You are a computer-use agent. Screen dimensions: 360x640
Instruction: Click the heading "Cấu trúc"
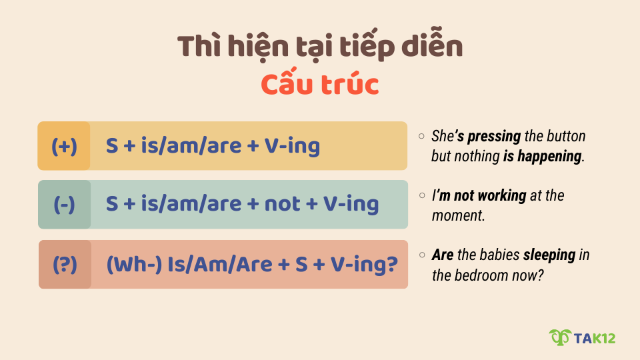coord(319,85)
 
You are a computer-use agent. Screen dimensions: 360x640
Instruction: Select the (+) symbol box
coord(64,146)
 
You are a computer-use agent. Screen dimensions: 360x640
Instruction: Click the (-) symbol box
coord(64,205)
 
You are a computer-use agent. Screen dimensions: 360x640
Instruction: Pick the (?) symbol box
coord(65,265)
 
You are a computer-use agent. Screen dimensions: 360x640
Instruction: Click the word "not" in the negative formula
coord(282,205)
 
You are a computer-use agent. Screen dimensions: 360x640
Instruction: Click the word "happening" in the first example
coord(552,157)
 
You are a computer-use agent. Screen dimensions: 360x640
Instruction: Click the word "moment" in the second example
coord(454,215)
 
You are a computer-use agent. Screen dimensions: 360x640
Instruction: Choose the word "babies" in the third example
coord(499,255)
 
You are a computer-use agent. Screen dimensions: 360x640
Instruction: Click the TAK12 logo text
coord(595,338)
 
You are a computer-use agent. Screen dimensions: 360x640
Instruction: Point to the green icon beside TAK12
coord(560,338)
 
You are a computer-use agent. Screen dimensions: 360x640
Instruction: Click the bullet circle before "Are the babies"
coord(422,255)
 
